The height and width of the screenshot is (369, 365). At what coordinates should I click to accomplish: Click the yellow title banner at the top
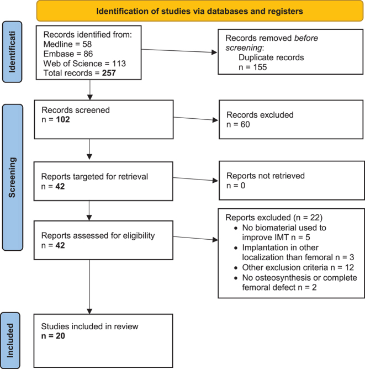pos(200,11)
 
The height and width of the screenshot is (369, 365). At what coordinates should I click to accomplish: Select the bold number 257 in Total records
pos(109,73)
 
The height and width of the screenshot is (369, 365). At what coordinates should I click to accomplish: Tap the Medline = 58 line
pos(67,44)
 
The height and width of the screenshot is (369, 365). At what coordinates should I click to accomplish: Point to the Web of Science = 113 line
pos(84,64)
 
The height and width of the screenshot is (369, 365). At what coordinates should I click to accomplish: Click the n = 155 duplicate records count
pos(252,67)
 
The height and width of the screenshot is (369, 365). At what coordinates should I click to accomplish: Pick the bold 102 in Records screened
pos(63,119)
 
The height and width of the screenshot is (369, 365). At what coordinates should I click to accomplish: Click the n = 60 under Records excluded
pos(238,124)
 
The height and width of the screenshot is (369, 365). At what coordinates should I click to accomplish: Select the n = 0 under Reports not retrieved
pos(236,186)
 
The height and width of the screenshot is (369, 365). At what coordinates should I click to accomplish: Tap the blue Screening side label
pos(13,177)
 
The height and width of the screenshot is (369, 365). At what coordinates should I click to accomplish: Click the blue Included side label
pos(10,340)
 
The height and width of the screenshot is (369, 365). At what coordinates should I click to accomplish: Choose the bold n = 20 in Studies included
pos(53,336)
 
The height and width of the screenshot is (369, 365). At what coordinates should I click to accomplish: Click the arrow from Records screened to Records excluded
pos(195,119)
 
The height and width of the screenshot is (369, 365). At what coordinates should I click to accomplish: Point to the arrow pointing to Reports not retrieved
pos(195,179)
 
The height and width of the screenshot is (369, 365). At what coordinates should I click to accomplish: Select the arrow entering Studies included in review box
pos(89,287)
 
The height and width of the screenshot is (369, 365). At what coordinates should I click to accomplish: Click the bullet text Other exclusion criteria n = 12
pos(298,267)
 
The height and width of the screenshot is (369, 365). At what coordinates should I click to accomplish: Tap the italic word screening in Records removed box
pos(244,48)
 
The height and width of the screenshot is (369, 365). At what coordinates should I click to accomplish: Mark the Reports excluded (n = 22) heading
pos(274,218)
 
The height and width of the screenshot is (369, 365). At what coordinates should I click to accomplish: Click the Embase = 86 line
pos(68,54)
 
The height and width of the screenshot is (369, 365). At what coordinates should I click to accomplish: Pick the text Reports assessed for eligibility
pos(98,235)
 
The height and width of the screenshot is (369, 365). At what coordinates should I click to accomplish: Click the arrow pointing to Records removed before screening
pos(179,51)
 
